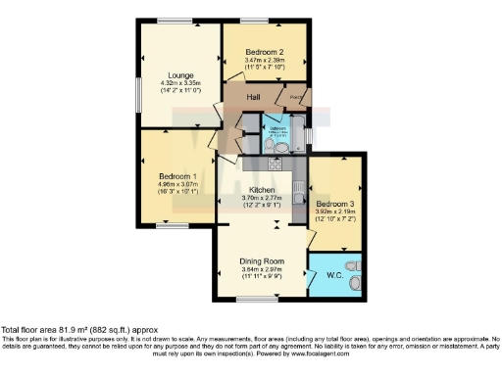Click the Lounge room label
(180, 75)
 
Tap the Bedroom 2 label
(264, 52)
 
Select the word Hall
(251, 99)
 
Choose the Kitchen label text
(261, 190)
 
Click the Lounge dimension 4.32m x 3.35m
(180, 84)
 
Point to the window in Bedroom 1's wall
(172, 226)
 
